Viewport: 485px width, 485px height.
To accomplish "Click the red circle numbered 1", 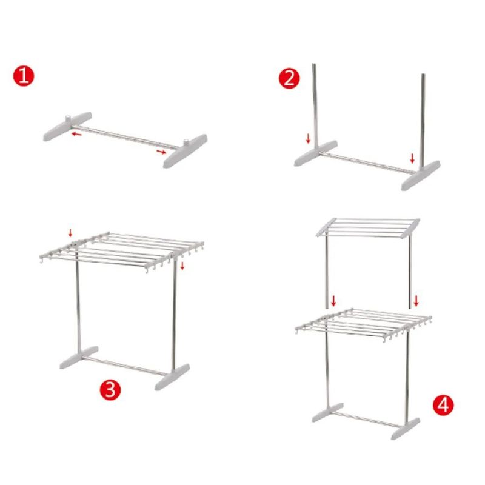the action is (24, 76).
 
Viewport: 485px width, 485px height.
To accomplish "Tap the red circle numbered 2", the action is (289, 79).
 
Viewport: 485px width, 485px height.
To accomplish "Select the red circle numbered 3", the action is (110, 389).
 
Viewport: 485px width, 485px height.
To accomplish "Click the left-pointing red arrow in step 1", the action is (76, 134).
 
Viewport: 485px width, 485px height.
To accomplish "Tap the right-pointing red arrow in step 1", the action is (161, 152).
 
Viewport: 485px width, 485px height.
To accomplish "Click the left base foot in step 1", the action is (67, 126).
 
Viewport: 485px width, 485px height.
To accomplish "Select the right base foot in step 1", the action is (186, 151).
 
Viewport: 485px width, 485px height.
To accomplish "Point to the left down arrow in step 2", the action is (308, 139).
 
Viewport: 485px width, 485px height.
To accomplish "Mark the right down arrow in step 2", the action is (412, 158).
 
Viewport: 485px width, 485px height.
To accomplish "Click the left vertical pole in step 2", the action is (315, 105).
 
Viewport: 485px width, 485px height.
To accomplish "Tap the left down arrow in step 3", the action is (70, 233).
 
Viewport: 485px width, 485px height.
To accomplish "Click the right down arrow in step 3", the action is (182, 266).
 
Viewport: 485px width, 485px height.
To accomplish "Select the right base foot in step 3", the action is (172, 376).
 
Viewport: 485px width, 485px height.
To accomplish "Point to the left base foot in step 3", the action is (79, 357).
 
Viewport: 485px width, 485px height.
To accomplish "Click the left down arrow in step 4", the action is (333, 301).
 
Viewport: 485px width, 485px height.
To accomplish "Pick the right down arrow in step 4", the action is (416, 301).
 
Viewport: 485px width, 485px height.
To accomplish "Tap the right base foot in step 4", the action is (405, 429).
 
